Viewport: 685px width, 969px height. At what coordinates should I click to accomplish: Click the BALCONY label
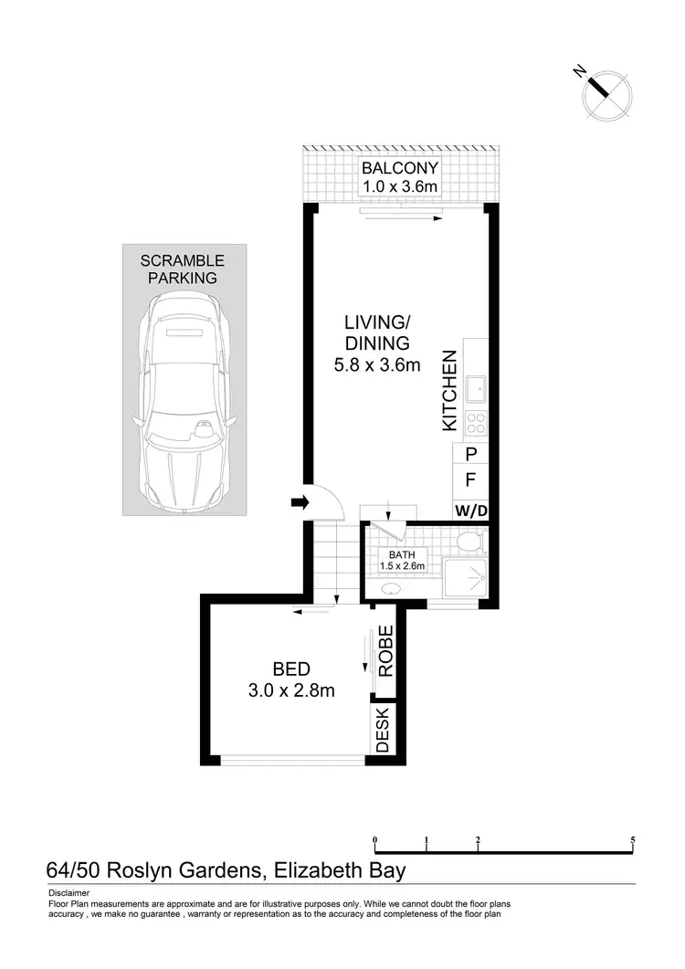[x=400, y=168]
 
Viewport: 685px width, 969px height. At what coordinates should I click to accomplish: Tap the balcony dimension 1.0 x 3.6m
[x=400, y=187]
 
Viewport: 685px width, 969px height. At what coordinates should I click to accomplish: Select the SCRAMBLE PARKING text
[x=182, y=269]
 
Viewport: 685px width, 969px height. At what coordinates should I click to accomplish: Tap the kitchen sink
[x=476, y=391]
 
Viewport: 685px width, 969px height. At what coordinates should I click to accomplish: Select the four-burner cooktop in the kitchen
[x=476, y=423]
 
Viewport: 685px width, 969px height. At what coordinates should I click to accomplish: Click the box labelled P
[x=470, y=454]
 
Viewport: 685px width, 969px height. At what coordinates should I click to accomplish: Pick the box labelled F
[x=470, y=480]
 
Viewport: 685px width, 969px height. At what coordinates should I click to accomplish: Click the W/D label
[x=470, y=511]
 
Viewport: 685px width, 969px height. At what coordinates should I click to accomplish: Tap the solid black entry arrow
[x=298, y=501]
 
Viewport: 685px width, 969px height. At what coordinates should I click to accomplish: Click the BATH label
[x=402, y=554]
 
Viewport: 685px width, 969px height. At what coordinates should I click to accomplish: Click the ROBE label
[x=386, y=650]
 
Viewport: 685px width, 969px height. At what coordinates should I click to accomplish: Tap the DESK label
[x=383, y=731]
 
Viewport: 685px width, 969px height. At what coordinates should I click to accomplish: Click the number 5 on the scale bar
[x=632, y=839]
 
